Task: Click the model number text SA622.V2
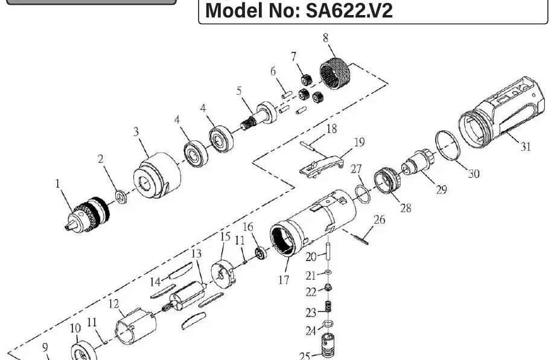(x=349, y=11)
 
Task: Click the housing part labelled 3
(x=157, y=175)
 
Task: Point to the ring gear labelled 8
(x=335, y=74)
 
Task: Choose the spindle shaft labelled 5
(x=259, y=116)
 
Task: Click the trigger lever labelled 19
(x=322, y=167)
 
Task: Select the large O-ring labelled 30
(x=447, y=146)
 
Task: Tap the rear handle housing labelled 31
(x=501, y=114)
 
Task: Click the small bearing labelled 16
(x=262, y=253)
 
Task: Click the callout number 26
(x=379, y=219)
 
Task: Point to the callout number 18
(x=331, y=128)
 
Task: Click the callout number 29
(x=441, y=189)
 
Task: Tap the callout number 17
(x=284, y=280)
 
